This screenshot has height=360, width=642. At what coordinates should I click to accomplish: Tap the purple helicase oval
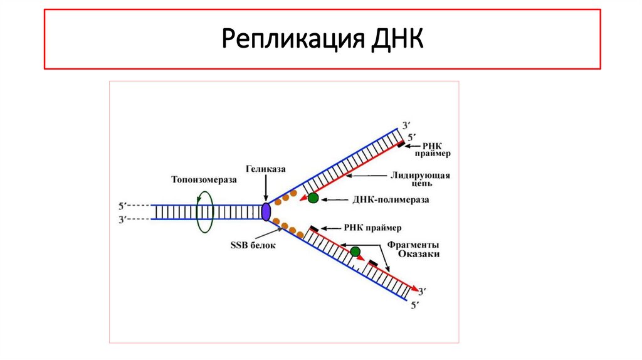tap(266, 211)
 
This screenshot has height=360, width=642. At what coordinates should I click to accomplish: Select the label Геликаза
tap(266, 170)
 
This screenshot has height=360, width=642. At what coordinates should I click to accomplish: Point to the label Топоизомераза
tap(204, 179)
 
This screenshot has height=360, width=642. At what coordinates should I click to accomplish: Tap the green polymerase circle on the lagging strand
tap(355, 251)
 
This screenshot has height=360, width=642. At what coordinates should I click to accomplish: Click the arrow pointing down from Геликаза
tap(266, 188)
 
